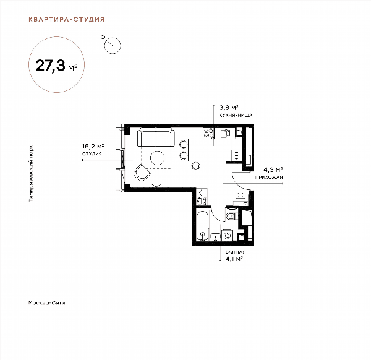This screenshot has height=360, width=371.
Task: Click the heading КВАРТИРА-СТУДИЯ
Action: (67, 19)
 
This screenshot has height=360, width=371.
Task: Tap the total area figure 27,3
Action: (50, 66)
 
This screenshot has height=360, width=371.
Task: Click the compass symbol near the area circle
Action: (112, 45)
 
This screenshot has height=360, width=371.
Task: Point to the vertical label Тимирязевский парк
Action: (31, 173)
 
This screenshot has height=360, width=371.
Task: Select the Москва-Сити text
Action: (46, 302)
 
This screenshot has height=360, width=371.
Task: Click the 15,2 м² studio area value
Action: (93, 146)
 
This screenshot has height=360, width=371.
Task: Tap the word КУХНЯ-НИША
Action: (236, 115)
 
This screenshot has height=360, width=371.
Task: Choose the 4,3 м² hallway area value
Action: (273, 169)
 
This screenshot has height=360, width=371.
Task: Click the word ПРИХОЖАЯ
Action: (269, 177)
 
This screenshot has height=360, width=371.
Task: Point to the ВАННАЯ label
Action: (236, 252)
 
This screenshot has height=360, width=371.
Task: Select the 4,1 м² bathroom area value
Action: (234, 259)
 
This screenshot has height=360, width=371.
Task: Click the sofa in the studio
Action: (156, 137)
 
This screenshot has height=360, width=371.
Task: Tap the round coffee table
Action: (157, 158)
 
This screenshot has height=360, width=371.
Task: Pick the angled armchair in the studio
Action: (142, 173)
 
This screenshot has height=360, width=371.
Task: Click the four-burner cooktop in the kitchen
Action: (208, 133)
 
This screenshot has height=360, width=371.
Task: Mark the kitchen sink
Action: (225, 133)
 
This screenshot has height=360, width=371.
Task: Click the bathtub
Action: (203, 226)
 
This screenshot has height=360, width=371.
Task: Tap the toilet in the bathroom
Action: (231, 215)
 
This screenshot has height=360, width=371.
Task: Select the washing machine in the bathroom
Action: (228, 236)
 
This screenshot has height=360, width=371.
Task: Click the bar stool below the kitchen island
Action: (195, 165)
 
